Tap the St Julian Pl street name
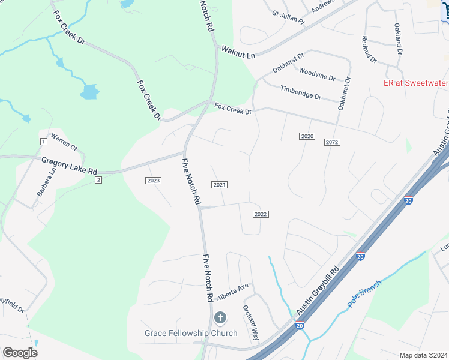(289, 16)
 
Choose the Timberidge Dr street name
(301, 92)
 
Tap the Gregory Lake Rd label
(69, 166)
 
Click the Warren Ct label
(64, 142)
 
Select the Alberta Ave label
(232, 292)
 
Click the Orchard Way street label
(250, 323)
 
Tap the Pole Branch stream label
(366, 294)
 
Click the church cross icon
(220, 317)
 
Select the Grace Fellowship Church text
(191, 333)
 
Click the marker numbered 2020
(307, 137)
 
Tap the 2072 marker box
(332, 142)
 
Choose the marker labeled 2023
(153, 181)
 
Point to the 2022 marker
(260, 214)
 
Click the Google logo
(20, 353)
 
